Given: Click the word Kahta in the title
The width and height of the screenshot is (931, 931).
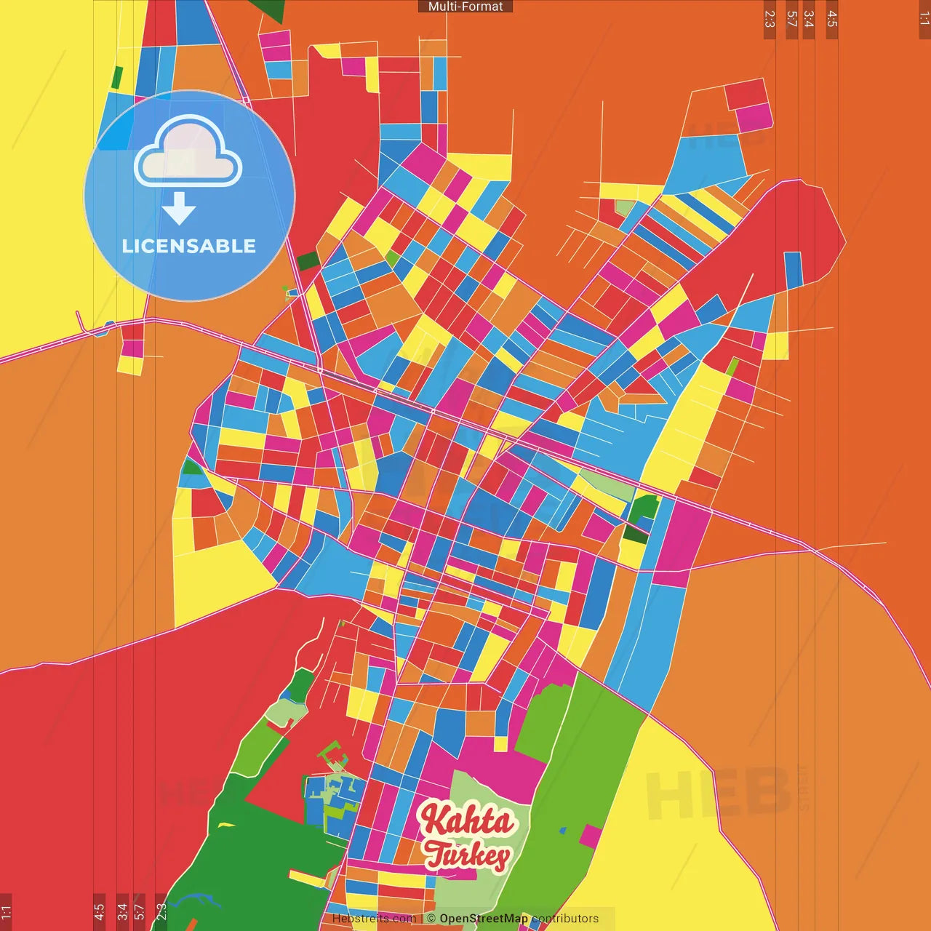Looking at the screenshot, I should tap(467, 820).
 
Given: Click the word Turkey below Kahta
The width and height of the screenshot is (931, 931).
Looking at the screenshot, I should tap(467, 855).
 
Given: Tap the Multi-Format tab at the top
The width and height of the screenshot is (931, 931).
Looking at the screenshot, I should tap(465, 7).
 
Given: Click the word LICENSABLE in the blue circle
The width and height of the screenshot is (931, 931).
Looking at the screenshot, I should tap(189, 246).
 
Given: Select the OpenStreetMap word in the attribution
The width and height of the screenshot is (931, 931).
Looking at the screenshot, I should tap(484, 919).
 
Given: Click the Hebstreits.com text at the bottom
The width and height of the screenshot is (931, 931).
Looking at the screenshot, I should tap(374, 919).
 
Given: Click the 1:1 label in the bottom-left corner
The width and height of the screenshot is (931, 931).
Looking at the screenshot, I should tap(6, 912).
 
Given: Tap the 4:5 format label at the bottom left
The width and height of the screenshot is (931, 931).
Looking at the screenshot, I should tap(99, 912).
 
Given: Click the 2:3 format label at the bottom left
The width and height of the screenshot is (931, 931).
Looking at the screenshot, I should tap(161, 912).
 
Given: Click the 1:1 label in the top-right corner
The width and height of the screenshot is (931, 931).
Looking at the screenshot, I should tap(924, 18).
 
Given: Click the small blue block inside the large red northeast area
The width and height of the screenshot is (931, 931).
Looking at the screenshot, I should tap(793, 269).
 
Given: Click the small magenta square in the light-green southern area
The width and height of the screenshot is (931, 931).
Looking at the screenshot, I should tap(590, 836).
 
